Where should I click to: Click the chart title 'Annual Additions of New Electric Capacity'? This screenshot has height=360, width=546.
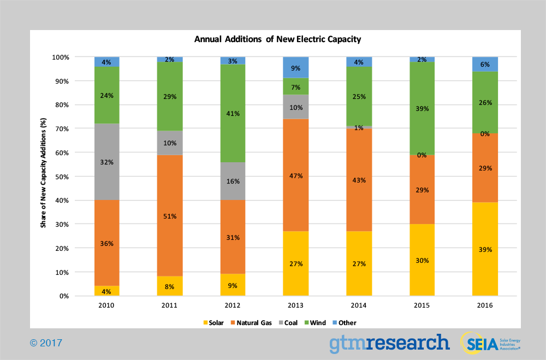pyautogui.click(x=278, y=39)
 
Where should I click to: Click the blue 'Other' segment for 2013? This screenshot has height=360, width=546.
pyautogui.click(x=295, y=67)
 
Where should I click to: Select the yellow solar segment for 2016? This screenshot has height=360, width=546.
pyautogui.click(x=485, y=257)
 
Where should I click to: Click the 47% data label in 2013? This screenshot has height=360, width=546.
pyautogui.click(x=295, y=176)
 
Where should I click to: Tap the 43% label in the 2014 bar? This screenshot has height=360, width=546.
pyautogui.click(x=359, y=180)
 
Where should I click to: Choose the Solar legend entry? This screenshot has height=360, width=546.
pyautogui.click(x=214, y=322)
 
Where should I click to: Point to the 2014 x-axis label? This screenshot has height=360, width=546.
pyautogui.click(x=359, y=305)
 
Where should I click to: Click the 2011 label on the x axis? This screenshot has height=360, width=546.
pyautogui.click(x=170, y=305)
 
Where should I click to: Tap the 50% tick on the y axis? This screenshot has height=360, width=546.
pyautogui.click(x=61, y=176)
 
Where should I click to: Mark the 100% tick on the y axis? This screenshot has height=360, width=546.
pyautogui.click(x=60, y=57)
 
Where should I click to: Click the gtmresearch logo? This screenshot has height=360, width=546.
pyautogui.click(x=389, y=343)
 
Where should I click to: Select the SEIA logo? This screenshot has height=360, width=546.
pyautogui.click(x=490, y=343)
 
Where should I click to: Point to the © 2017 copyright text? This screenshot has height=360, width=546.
pyautogui.click(x=46, y=343)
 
